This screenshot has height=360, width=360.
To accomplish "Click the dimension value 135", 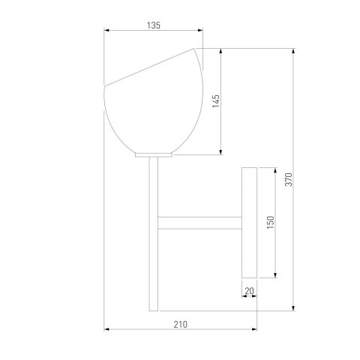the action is click(x=154, y=25).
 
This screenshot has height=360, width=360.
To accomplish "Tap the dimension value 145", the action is click(x=216, y=101).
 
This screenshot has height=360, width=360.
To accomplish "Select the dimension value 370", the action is click(x=289, y=179).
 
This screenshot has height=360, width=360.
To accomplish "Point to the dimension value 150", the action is click(x=271, y=222).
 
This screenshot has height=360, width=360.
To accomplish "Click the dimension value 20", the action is click(x=249, y=291).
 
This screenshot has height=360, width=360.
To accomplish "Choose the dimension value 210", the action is click(x=180, y=325).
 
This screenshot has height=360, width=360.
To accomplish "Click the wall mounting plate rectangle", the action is click(x=249, y=223).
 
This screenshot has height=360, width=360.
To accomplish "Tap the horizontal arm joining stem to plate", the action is click(x=199, y=223).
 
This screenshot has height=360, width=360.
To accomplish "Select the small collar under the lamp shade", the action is click(x=154, y=155).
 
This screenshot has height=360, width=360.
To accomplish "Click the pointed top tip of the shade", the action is click(x=193, y=48).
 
